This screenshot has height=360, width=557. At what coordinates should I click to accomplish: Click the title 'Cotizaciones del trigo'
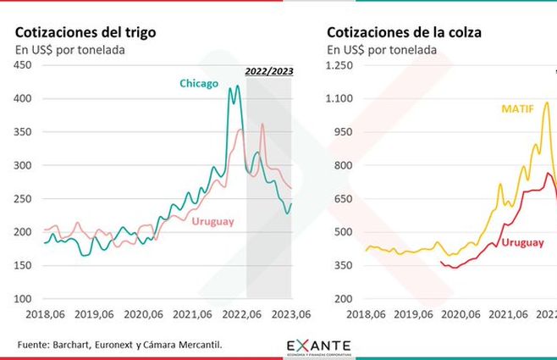point(85,33)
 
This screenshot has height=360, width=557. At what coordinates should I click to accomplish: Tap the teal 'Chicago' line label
point(199,83)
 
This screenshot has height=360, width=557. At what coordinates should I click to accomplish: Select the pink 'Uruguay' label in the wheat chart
point(212,222)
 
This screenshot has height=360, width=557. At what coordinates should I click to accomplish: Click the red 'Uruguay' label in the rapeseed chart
point(522,243)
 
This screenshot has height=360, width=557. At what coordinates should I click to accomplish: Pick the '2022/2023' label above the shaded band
point(269,71)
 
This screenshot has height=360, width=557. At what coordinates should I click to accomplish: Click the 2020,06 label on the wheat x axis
point(145,315)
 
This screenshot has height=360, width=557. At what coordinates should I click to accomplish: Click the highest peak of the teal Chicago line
point(231,86)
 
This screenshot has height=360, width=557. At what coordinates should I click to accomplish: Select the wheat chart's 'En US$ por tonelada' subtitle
point(70,50)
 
